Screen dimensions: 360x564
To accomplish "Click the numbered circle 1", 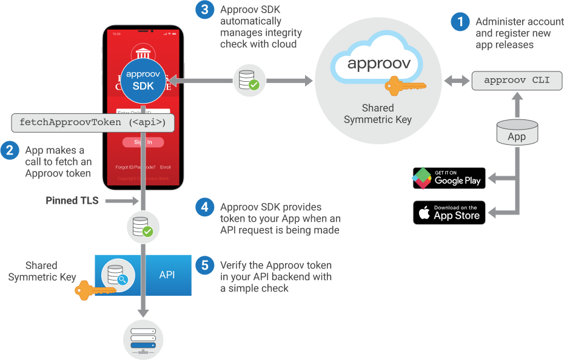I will click(x=460, y=23).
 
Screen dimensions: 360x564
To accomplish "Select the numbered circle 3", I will click(x=205, y=10).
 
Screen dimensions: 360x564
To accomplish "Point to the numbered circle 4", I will click(x=205, y=207).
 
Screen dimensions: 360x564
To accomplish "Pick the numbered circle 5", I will click(x=205, y=265).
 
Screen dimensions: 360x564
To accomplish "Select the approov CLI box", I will click(x=517, y=80).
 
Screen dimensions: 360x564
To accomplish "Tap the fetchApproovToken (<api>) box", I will click(x=93, y=122).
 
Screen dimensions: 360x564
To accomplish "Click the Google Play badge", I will click(x=449, y=178).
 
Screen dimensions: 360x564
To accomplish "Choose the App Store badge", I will click(x=449, y=213).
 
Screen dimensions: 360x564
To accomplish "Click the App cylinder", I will click(x=517, y=132).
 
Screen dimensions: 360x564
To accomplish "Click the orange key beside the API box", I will click(x=91, y=292).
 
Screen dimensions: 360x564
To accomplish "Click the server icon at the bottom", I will click(x=143, y=339).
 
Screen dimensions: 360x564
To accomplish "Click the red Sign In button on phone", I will click(x=143, y=142).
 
